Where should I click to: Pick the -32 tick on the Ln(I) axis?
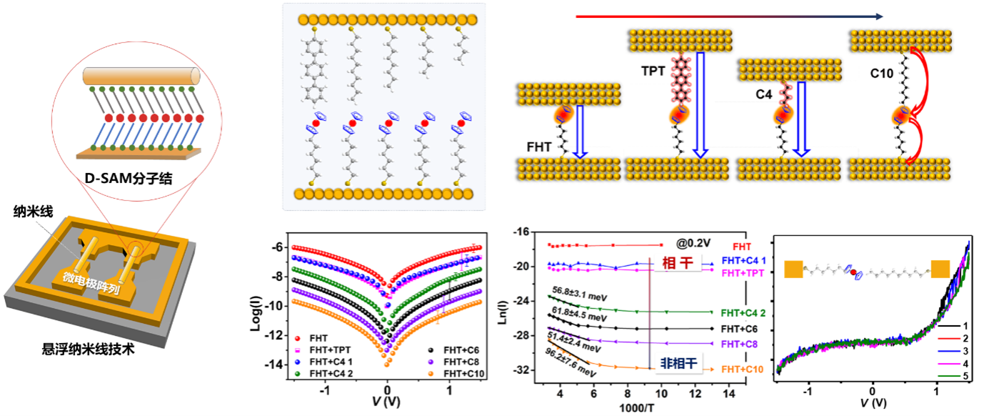click(x=526, y=370)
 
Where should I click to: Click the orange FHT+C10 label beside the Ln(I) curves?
click(x=743, y=370)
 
